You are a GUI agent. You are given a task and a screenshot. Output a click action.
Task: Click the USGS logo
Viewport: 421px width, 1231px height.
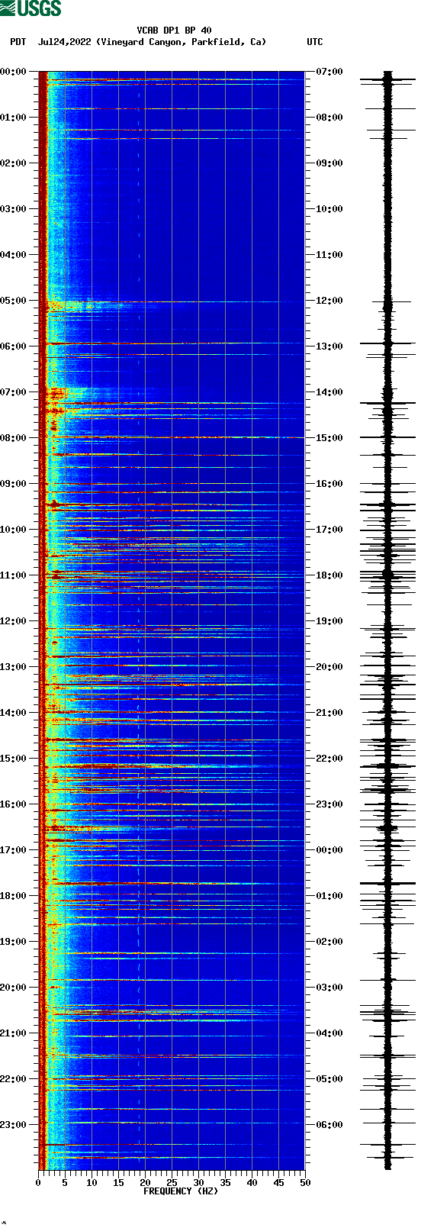click(31, 8)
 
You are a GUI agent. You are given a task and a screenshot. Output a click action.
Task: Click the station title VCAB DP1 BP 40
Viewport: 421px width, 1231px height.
click(174, 31)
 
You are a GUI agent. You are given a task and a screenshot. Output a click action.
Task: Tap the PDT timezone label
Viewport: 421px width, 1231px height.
click(18, 42)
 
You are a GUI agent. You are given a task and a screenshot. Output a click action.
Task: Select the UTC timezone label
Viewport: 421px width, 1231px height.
click(314, 42)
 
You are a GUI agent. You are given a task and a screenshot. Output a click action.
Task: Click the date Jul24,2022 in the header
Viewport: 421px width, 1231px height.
click(65, 42)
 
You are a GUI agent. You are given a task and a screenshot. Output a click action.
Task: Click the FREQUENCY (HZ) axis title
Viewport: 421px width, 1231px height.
click(181, 1191)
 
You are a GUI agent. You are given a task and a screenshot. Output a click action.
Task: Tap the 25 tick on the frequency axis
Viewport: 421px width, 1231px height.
click(172, 1182)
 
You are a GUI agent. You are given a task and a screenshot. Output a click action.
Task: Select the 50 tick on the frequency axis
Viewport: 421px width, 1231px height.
click(305, 1182)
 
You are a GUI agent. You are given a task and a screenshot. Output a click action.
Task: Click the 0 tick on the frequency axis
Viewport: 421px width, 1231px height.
click(38, 1182)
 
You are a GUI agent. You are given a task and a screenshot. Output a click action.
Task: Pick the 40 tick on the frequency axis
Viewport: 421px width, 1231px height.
click(252, 1182)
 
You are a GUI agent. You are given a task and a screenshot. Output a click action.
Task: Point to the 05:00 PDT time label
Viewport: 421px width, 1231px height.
click(14, 301)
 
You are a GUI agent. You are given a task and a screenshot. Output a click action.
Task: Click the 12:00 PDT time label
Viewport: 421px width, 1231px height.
click(14, 621)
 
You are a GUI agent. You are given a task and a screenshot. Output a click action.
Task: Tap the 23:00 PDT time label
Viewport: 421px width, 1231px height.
click(14, 1125)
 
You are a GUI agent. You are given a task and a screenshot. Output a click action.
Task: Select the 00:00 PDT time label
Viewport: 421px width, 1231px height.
click(14, 72)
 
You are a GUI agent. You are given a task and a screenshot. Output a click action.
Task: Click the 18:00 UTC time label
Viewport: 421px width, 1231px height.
click(329, 575)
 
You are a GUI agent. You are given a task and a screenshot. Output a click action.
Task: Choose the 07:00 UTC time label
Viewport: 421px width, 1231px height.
click(329, 72)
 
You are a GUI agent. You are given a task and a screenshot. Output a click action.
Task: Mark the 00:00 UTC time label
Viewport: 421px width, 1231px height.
click(329, 850)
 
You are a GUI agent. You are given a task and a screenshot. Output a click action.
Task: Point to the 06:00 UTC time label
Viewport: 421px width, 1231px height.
click(329, 1125)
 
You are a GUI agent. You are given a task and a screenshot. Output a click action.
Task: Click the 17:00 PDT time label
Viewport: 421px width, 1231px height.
click(14, 850)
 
